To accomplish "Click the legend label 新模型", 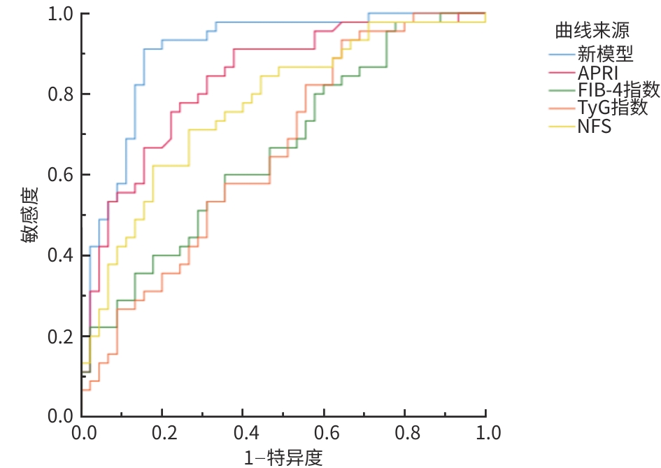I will pos(605,53).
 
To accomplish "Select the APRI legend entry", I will pos(597,72).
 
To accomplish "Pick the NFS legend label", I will pos(595,127).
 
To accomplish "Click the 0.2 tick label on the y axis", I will pos(60,336).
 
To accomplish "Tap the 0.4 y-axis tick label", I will pos(60,256).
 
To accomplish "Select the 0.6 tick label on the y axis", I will pos(60,175).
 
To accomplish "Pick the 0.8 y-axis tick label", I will pos(60,94).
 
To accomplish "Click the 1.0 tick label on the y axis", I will pos(60,14).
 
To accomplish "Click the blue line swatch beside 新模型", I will pos(562,53).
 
